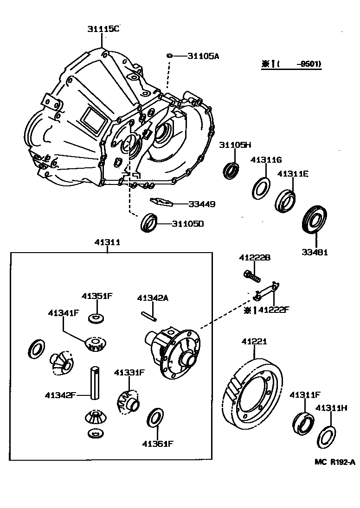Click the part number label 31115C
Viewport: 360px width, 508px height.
coord(103,29)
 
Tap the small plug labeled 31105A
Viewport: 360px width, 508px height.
coord(170,56)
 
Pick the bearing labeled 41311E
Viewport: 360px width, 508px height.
coord(286,201)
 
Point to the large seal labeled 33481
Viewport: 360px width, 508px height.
coord(315,221)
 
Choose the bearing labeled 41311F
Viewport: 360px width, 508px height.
coord(302,420)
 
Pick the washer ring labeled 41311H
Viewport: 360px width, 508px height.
coord(326,435)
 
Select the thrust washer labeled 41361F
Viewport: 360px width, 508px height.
coord(155,417)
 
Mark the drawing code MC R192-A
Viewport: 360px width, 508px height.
coord(334,462)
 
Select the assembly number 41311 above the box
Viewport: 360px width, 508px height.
coord(108,242)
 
